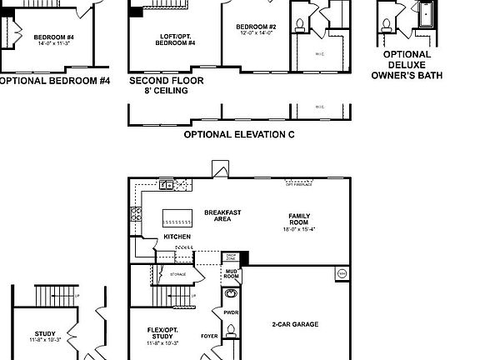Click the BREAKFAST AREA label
[222, 215]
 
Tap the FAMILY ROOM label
[299, 219]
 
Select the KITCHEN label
[177, 237]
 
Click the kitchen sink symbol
[167, 185]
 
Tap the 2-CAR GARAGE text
[295, 324]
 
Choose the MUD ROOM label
[231, 274]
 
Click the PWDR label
[231, 312]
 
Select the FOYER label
[209, 337]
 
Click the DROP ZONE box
[231, 257]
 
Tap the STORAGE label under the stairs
[177, 274]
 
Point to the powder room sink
[231, 294]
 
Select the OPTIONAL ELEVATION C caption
[238, 133]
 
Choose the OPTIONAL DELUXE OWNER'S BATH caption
[407, 66]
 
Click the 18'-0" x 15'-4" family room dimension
[299, 229]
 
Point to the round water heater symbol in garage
[342, 273]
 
